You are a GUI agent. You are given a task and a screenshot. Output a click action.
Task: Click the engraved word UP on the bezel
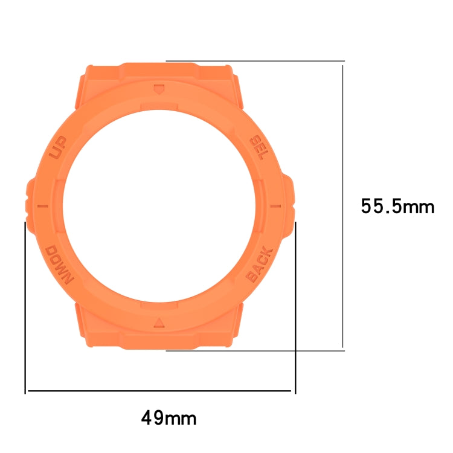click(x=59, y=147)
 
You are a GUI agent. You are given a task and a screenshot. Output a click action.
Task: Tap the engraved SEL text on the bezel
click(x=258, y=147)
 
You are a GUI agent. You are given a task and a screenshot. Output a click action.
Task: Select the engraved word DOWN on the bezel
click(x=59, y=264)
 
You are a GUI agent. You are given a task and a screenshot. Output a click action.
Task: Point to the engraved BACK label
click(x=260, y=265)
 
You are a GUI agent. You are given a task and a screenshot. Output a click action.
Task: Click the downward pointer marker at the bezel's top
click(x=159, y=90)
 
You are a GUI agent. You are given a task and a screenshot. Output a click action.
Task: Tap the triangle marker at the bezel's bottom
click(x=159, y=321)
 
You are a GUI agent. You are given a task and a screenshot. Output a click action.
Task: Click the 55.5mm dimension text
click(x=397, y=207)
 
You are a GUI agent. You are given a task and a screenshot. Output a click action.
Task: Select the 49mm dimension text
click(x=169, y=417)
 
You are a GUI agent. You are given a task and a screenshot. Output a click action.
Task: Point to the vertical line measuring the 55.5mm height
click(x=343, y=205)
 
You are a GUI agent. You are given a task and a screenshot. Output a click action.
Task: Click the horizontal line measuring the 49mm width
click(x=160, y=391)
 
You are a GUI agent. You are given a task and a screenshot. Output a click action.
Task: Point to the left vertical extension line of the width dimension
click(x=25, y=308)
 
